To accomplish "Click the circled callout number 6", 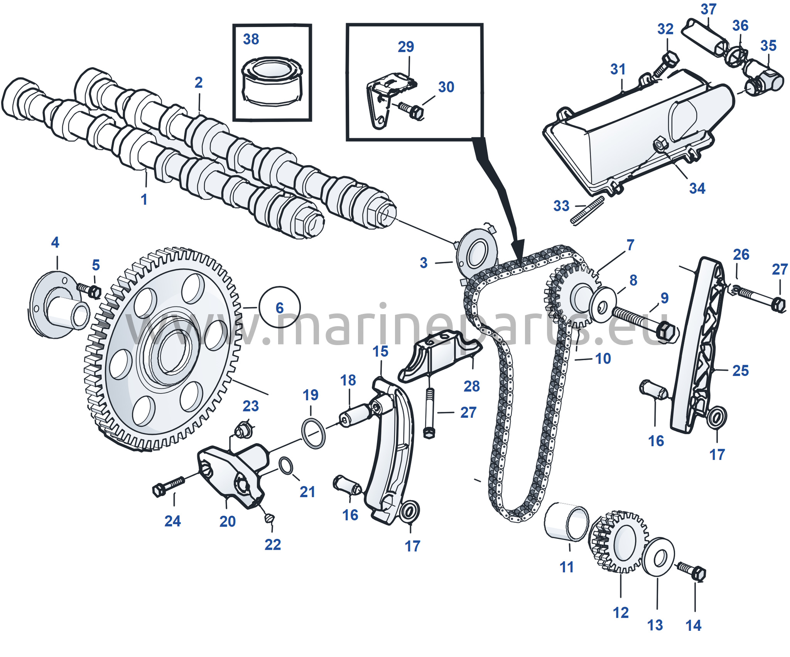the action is (x=280, y=308).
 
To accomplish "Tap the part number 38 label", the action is (x=251, y=39).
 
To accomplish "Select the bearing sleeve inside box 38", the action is (x=272, y=81).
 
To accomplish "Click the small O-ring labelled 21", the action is (x=285, y=466).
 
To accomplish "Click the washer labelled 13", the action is (x=658, y=557).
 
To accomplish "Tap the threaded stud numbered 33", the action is (x=587, y=210).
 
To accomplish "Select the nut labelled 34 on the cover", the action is (x=659, y=144).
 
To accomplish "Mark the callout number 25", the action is (x=740, y=371).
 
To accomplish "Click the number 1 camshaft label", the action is (x=144, y=200).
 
